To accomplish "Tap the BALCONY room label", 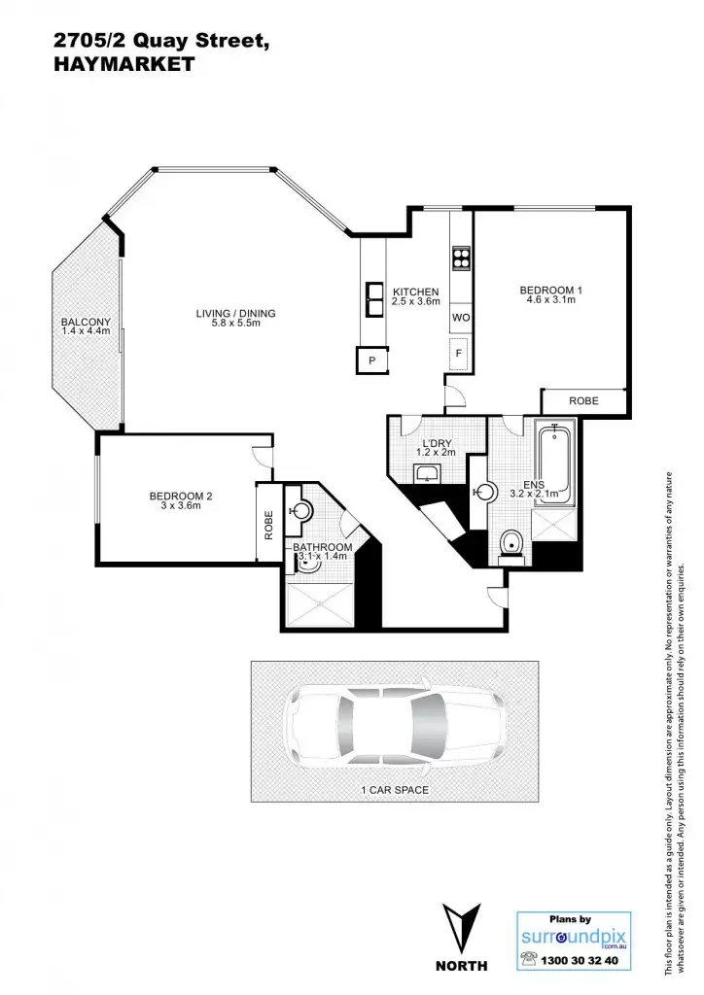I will click(x=86, y=323).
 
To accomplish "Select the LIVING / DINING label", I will click(x=235, y=313).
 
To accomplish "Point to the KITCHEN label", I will click(x=415, y=292).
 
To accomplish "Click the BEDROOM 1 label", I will click(x=550, y=290).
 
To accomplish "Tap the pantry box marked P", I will click(x=371, y=360).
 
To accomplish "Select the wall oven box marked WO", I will click(x=461, y=318).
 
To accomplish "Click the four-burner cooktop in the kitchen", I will click(x=461, y=259).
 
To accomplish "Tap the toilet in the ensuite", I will click(x=510, y=544).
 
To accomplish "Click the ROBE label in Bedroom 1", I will click(x=583, y=400).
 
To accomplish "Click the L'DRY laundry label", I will click(x=436, y=444).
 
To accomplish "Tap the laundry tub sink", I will click(x=428, y=474).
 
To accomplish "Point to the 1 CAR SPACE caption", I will click(x=394, y=790).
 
